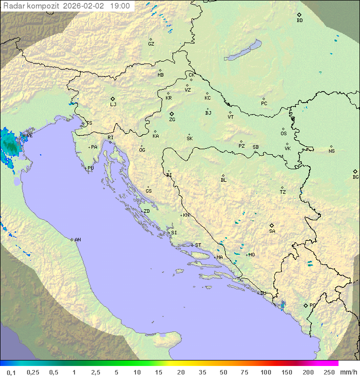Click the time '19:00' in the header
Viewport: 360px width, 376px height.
[x=119, y=6]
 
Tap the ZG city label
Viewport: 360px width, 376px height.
[x=172, y=120]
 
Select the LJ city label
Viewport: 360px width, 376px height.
[x=113, y=105]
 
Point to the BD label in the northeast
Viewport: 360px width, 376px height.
[x=299, y=21]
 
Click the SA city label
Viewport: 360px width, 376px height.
[x=272, y=231]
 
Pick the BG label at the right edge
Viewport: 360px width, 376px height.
[x=355, y=177]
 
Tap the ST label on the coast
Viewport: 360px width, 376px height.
[x=198, y=245]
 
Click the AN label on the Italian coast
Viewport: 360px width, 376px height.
[x=77, y=240]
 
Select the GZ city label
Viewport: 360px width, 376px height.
[x=151, y=44]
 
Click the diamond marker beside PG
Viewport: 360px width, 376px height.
[x=305, y=305]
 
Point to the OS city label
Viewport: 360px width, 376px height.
[x=283, y=134]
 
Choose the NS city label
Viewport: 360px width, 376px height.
[x=331, y=151]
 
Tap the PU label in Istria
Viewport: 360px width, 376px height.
[x=90, y=168]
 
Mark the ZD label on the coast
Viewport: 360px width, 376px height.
[x=146, y=211]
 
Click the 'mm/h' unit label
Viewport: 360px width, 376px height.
[x=346, y=372]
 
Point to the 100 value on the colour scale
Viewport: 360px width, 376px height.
[x=265, y=372]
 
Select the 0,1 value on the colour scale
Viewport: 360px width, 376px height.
[x=11, y=372]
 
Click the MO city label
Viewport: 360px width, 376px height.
[x=251, y=255]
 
